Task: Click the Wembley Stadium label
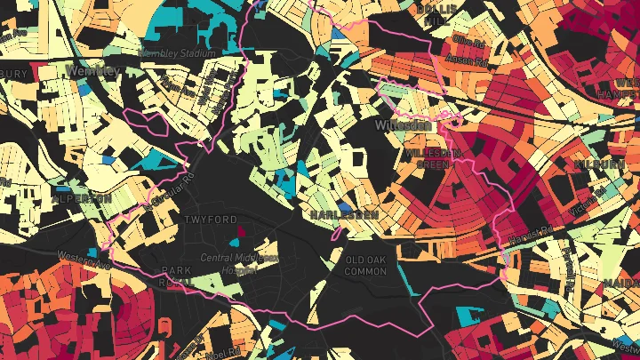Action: tap(178, 54)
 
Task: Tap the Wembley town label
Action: tap(92, 69)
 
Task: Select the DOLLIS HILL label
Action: tap(435, 13)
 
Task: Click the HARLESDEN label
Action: tap(343, 215)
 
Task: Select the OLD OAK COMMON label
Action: tap(364, 264)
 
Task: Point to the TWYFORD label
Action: tap(210, 219)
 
